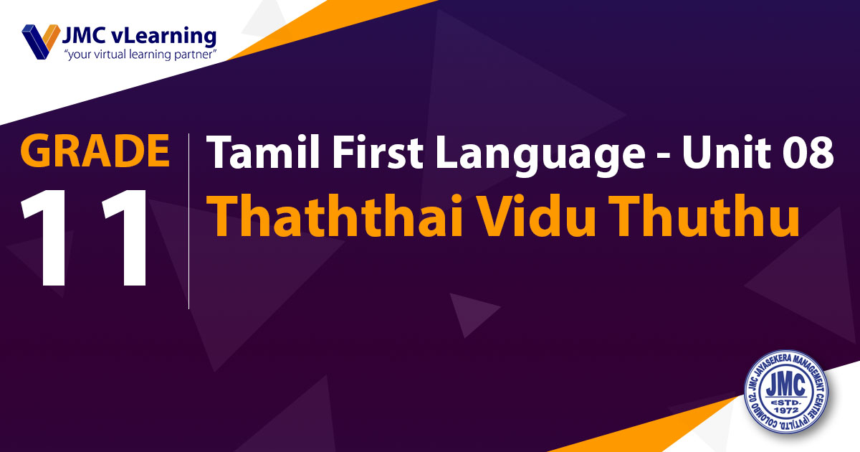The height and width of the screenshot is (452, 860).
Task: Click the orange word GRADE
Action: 95,150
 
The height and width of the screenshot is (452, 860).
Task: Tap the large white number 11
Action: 84,238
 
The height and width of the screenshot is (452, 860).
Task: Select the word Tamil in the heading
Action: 263,151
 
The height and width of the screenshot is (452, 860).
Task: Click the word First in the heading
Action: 378,151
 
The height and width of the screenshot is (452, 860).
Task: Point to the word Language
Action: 540,156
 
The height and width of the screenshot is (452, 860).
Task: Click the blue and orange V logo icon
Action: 41,42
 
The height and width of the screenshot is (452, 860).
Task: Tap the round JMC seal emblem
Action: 786,392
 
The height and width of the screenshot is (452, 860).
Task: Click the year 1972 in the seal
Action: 786,411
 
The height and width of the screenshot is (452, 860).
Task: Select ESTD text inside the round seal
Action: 786,402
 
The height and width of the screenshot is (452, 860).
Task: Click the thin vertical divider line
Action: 189,221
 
